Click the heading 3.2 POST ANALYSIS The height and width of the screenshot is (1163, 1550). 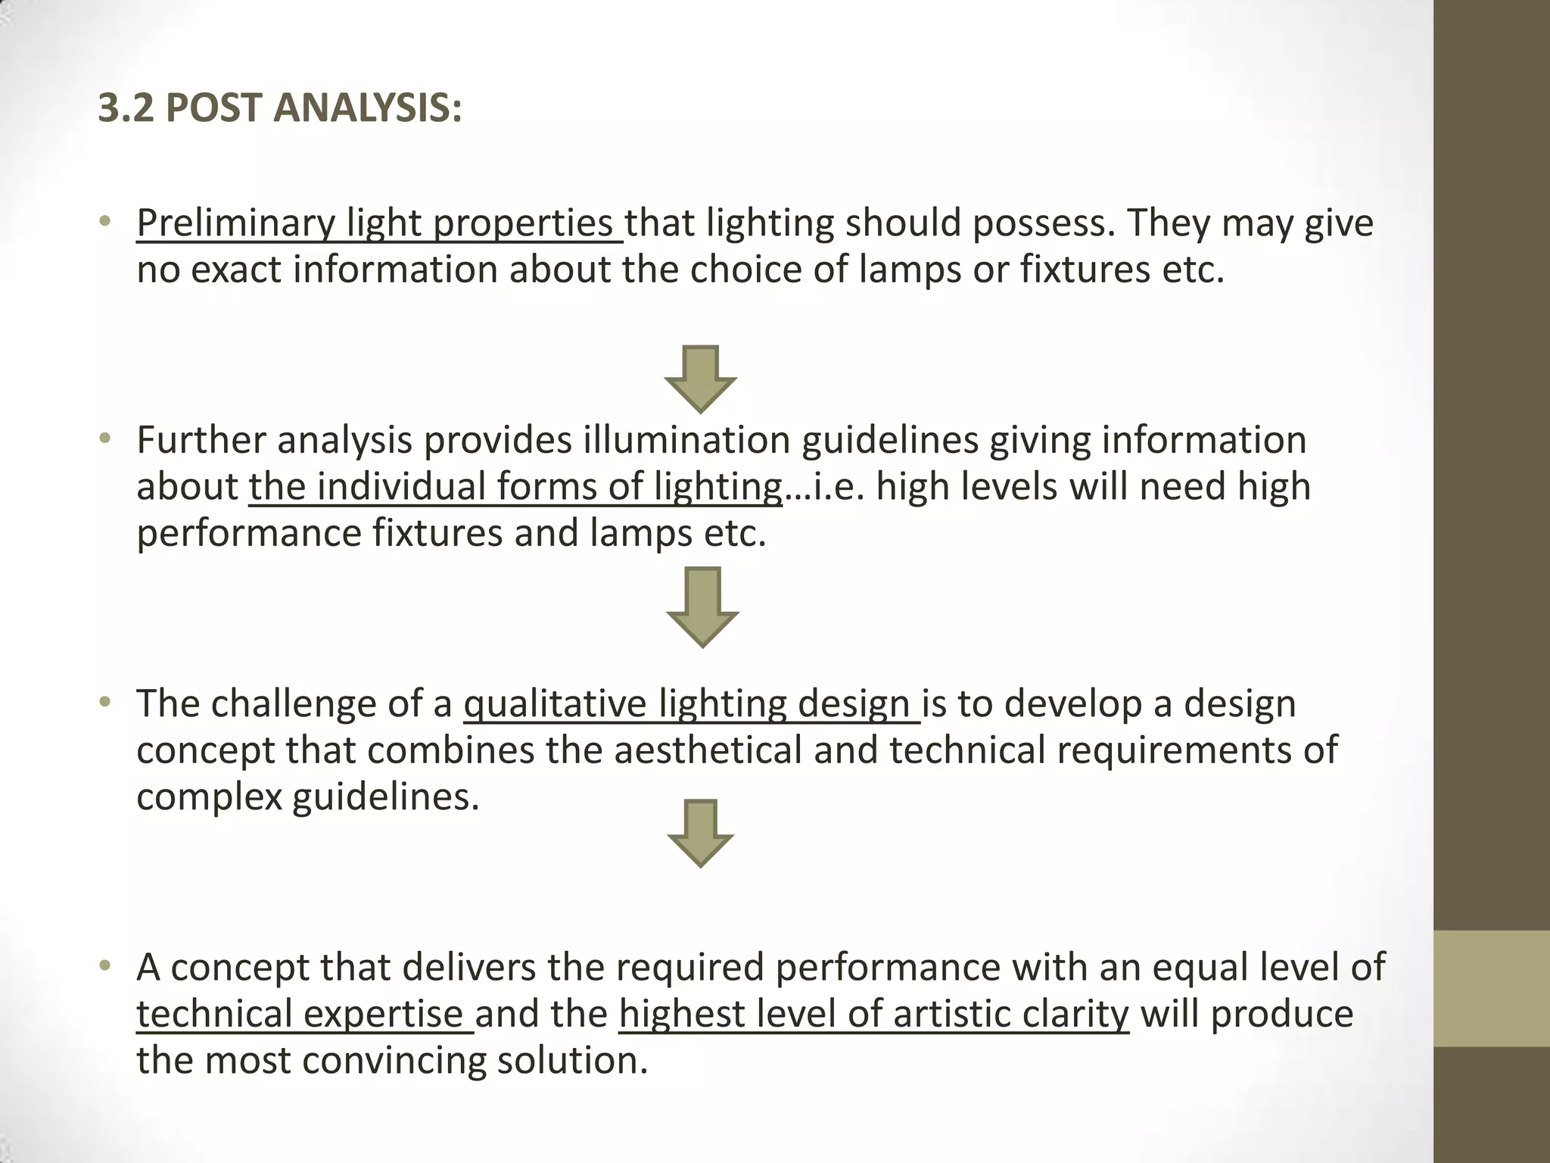click(279, 108)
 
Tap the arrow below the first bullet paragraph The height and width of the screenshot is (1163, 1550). click(701, 379)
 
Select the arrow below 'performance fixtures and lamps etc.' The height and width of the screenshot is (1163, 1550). click(702, 606)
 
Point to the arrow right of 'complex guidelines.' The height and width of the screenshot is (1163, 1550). click(701, 833)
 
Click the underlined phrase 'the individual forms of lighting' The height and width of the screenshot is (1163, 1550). click(515, 486)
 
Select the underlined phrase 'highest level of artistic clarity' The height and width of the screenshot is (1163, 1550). click(873, 1014)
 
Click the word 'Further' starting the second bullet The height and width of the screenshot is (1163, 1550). click(199, 440)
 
